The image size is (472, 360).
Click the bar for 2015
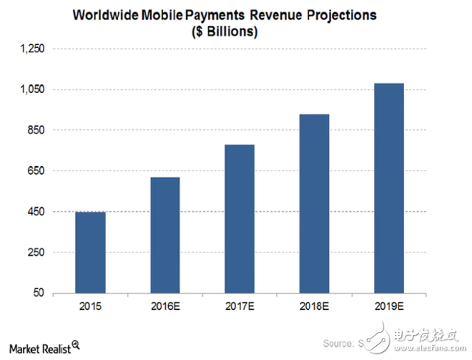tap(91, 252)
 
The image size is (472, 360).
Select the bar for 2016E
tap(165, 235)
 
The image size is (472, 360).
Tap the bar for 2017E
tap(240, 218)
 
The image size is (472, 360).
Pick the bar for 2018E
tap(314, 204)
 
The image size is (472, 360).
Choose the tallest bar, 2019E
tap(389, 188)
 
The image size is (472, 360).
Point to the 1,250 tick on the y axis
tap(31, 49)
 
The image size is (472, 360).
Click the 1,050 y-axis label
tap(31, 89)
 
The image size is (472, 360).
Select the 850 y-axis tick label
tap(35, 131)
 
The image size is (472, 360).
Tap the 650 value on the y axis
tap(35, 171)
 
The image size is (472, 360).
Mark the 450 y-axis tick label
tap(35, 212)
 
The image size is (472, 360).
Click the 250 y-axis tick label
tap(35, 252)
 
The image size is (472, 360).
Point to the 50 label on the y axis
tap(37, 294)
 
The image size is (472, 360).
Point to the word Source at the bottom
tap(338, 344)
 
